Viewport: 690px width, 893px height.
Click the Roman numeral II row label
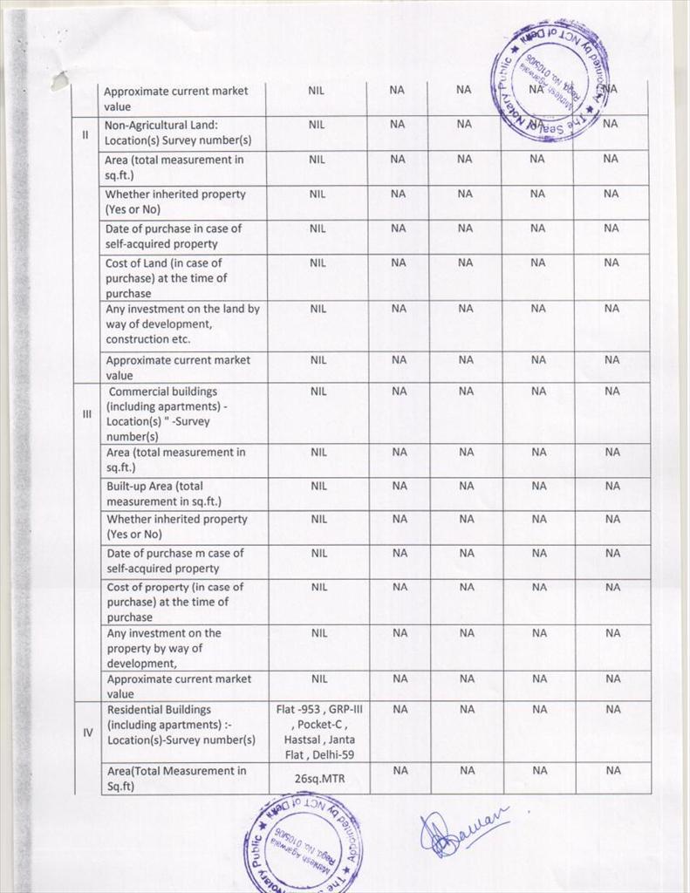tap(85, 134)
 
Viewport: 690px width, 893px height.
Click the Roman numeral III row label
tap(86, 414)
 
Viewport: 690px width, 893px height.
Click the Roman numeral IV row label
tap(87, 733)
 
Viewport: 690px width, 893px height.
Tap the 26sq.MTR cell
tap(318, 779)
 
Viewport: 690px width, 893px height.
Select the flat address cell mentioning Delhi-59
tap(318, 732)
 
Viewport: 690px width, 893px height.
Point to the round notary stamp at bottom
tap(303, 842)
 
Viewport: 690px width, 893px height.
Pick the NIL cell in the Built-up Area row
tap(318, 486)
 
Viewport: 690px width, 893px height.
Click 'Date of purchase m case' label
tap(174, 561)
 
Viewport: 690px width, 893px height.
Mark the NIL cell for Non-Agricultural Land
tap(317, 125)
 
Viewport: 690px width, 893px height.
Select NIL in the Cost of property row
tap(318, 587)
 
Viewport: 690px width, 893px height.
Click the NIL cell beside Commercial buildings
tap(318, 392)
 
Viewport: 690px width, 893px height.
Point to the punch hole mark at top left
tap(59, 80)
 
